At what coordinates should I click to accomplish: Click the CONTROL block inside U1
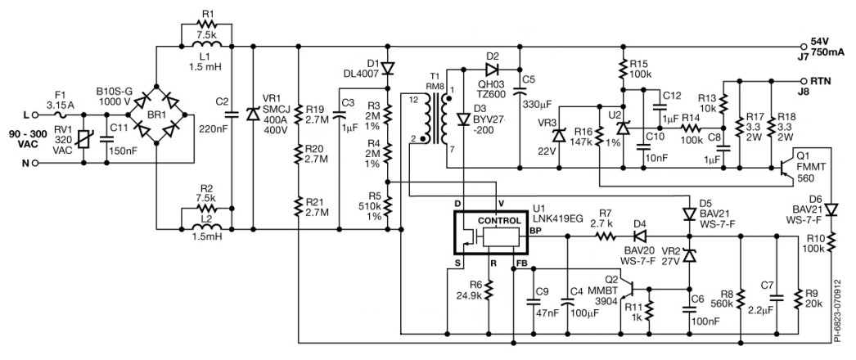click(x=498, y=222)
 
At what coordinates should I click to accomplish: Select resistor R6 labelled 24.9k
click(x=488, y=291)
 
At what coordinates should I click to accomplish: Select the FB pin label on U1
click(x=521, y=264)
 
